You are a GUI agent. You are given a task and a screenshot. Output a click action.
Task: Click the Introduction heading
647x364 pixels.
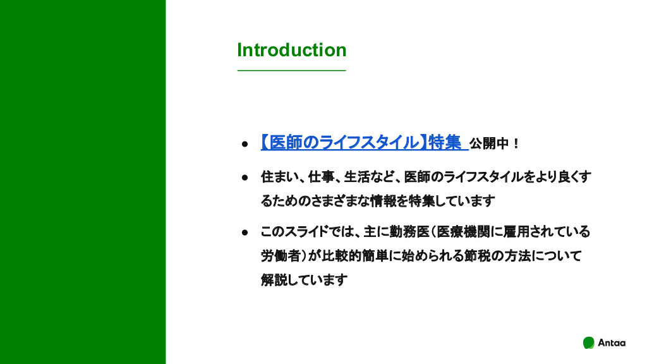(x=292, y=50)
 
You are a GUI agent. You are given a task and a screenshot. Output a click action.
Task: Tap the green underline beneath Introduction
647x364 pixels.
(x=292, y=71)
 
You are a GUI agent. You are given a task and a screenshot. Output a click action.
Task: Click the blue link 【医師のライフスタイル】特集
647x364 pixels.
(x=361, y=142)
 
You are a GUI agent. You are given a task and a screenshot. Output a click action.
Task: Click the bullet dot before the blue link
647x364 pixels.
(x=245, y=144)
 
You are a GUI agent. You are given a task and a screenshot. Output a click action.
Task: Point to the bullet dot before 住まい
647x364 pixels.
(x=245, y=178)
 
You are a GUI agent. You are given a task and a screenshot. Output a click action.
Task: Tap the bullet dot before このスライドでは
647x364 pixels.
(x=245, y=233)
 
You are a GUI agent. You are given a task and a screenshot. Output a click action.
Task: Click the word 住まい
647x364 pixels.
(x=278, y=177)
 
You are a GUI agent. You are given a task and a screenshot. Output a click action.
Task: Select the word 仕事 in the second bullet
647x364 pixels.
(x=321, y=177)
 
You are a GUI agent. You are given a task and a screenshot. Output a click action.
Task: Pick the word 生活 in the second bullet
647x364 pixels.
(x=356, y=177)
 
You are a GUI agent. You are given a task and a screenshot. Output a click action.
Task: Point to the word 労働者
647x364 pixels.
(x=281, y=256)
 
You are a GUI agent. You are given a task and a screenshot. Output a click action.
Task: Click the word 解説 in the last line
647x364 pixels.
(x=274, y=280)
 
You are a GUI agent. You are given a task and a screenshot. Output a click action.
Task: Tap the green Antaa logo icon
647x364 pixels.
(x=588, y=343)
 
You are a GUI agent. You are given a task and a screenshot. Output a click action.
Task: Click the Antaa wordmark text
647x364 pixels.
(x=612, y=343)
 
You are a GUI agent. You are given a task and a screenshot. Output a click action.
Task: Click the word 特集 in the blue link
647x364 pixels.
(x=445, y=142)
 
